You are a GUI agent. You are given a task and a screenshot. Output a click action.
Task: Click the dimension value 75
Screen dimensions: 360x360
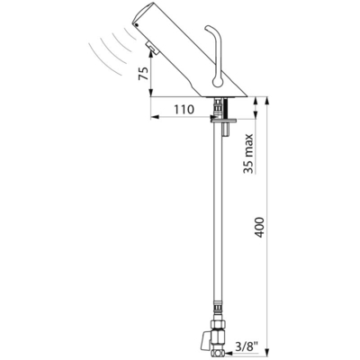click(x=143, y=73)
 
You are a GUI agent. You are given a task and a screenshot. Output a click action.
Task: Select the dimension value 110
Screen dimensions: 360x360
click(x=183, y=110)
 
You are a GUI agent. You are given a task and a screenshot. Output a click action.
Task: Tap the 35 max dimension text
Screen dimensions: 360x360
click(x=248, y=154)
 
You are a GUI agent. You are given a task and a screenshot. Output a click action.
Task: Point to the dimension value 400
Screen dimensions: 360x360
click(x=260, y=227)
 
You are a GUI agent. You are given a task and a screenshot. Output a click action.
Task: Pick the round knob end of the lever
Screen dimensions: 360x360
click(x=216, y=82)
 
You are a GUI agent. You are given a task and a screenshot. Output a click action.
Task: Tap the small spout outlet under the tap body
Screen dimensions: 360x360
click(x=152, y=49)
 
